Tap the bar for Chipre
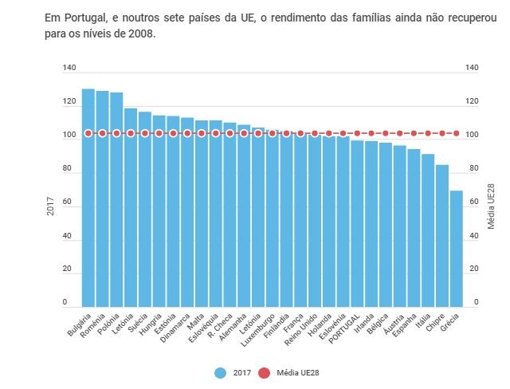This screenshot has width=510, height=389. (x=442, y=236)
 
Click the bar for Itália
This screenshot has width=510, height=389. (x=428, y=230)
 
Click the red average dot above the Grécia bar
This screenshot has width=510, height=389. (x=457, y=133)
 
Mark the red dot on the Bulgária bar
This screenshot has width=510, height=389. (x=88, y=133)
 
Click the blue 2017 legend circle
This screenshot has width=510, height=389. (x=221, y=372)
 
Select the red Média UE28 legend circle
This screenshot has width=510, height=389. (x=265, y=372)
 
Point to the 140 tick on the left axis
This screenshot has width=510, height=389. (x=70, y=69)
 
